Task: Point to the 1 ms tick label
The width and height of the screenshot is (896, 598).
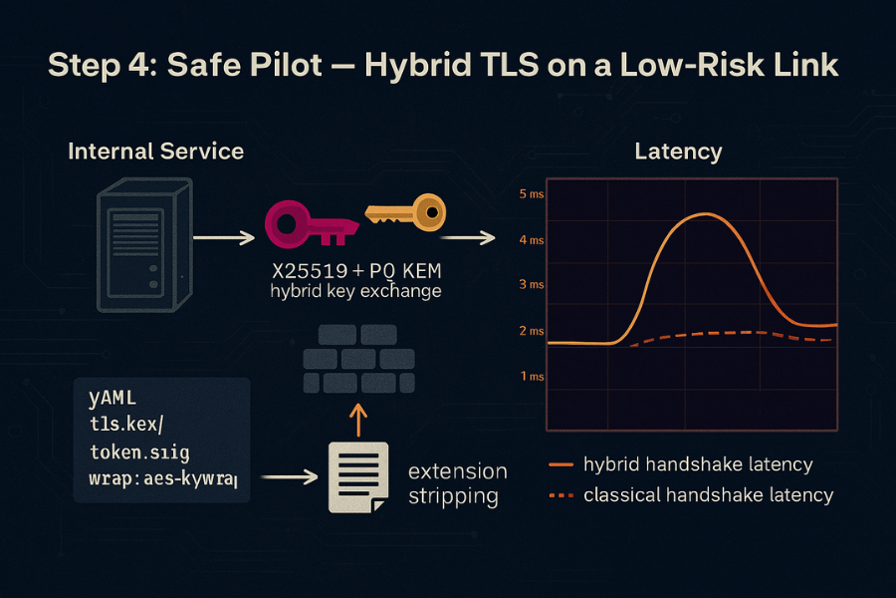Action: tap(531, 376)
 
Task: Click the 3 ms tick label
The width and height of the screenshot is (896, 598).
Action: tap(531, 285)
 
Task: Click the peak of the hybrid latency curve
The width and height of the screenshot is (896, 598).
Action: tap(703, 214)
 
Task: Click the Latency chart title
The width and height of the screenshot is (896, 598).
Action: tap(678, 152)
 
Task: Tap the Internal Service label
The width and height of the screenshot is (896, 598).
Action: tap(155, 151)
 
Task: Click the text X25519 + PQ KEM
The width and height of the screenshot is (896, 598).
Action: tap(356, 271)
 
